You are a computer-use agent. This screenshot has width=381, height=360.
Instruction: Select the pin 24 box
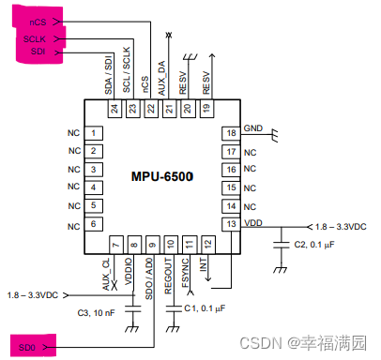[x=114, y=110]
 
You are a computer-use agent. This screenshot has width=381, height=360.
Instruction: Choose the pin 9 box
[x=151, y=246]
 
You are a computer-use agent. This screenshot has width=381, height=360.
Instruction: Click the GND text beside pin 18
[x=253, y=127]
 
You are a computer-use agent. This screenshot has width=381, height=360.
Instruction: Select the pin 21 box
[x=169, y=110]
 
